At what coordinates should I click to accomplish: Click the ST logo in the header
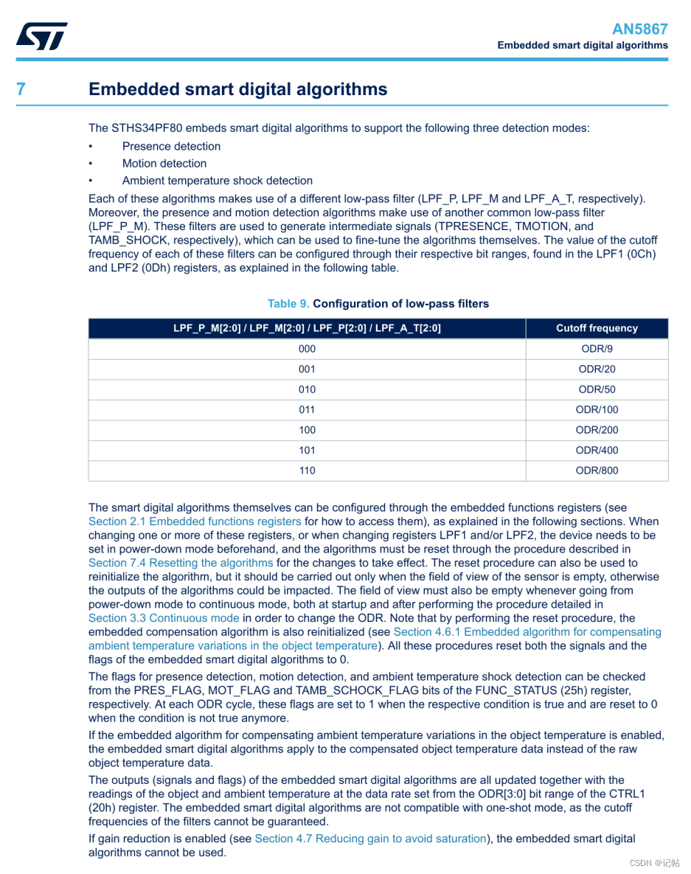[x=42, y=35]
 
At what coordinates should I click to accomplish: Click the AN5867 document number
[x=639, y=29]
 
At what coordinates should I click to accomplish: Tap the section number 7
[x=21, y=89]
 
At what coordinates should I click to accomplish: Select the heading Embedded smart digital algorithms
[x=237, y=89]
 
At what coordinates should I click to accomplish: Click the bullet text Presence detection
[x=171, y=146]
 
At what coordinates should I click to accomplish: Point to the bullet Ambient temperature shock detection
[x=217, y=181]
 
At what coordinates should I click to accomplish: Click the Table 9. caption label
[x=288, y=304]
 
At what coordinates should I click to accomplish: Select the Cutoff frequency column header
[x=597, y=328]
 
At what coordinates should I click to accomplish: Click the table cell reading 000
[x=307, y=349]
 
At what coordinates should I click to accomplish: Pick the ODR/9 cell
[x=597, y=349]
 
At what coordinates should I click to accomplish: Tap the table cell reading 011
[x=307, y=409]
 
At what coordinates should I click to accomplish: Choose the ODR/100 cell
[x=597, y=409]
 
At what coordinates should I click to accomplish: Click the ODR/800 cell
[x=597, y=471]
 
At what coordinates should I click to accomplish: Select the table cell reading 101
[x=307, y=450]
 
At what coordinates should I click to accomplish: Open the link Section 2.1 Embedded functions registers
[x=195, y=521]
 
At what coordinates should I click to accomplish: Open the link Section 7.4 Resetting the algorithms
[x=181, y=563]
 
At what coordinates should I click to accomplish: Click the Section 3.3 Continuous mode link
[x=164, y=618]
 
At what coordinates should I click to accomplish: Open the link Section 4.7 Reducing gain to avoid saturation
[x=370, y=839]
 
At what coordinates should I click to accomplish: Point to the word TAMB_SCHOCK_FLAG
[x=357, y=690]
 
